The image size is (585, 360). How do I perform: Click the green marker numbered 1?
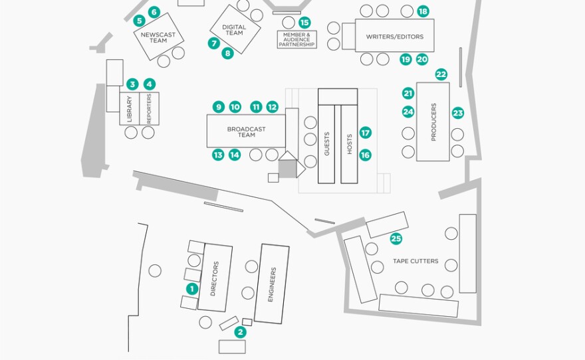point(192,288)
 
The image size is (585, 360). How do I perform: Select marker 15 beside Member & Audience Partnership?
point(304,23)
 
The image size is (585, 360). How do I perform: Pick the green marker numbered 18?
point(423,11)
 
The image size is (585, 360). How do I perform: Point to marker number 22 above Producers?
point(441,74)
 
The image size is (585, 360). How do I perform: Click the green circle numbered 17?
point(365,133)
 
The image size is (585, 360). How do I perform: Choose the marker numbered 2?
point(241,332)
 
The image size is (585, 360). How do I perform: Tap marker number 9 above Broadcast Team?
point(218,106)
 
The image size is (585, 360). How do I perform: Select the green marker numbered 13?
point(218,155)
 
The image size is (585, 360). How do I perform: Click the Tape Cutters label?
point(415,261)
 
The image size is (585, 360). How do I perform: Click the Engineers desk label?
point(271,284)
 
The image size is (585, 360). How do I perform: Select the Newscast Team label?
point(158,37)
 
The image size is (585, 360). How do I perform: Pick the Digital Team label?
point(234,30)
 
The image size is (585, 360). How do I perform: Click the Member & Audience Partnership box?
point(297,40)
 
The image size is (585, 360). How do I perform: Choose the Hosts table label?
point(350,145)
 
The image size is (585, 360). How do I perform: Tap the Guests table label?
point(326,145)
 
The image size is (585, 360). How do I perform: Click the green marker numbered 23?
point(457,113)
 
